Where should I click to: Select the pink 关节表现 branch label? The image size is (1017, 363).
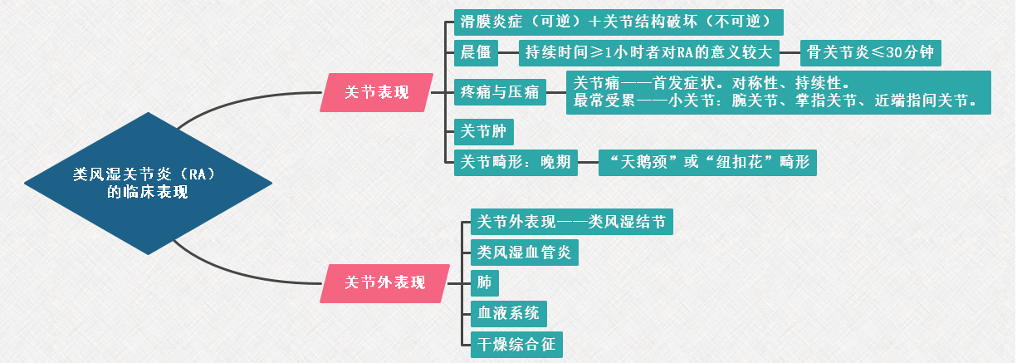[376, 92]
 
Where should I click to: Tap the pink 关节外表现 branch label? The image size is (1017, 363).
[384, 282]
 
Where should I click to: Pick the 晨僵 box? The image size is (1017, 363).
[476, 54]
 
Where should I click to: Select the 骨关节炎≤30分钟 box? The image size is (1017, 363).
[870, 54]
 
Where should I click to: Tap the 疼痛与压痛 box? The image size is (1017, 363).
[499, 92]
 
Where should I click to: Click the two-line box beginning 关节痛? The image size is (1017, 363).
[779, 92]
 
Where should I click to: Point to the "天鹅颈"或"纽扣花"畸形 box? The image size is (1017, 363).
[707, 162]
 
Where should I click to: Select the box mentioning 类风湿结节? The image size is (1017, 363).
[570, 222]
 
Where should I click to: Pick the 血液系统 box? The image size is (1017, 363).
[507, 313]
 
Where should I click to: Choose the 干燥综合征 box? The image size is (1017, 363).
[515, 344]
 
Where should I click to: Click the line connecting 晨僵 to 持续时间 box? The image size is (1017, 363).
[508, 54]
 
